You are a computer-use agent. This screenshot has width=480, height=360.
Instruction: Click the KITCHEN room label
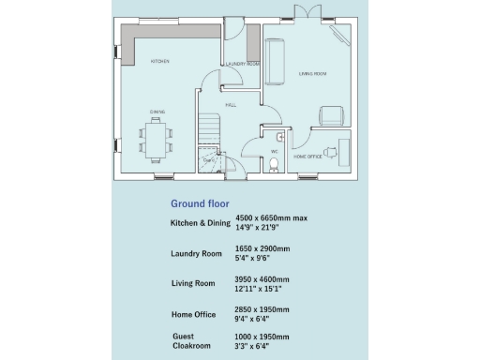pyautogui.click(x=160, y=62)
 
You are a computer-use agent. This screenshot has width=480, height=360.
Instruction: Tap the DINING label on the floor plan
pyautogui.click(x=157, y=114)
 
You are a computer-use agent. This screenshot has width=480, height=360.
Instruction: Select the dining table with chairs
pyautogui.click(x=157, y=139)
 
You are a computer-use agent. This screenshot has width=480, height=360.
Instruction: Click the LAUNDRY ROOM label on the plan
pyautogui.click(x=242, y=65)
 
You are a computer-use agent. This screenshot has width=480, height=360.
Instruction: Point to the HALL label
pyautogui.click(x=231, y=106)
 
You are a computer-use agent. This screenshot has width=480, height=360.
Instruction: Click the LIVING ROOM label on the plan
pyautogui.click(x=312, y=72)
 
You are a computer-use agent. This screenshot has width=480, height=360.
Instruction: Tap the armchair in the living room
pyautogui.click(x=332, y=115)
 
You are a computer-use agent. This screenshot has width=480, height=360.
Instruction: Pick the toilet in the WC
pyautogui.click(x=273, y=165)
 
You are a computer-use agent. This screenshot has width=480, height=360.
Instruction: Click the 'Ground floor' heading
pyautogui.click(x=200, y=203)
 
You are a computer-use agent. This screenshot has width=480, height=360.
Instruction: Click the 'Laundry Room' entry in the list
pyautogui.click(x=196, y=254)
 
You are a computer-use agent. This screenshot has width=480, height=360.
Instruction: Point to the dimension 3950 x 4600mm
pyautogui.click(x=262, y=279)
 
